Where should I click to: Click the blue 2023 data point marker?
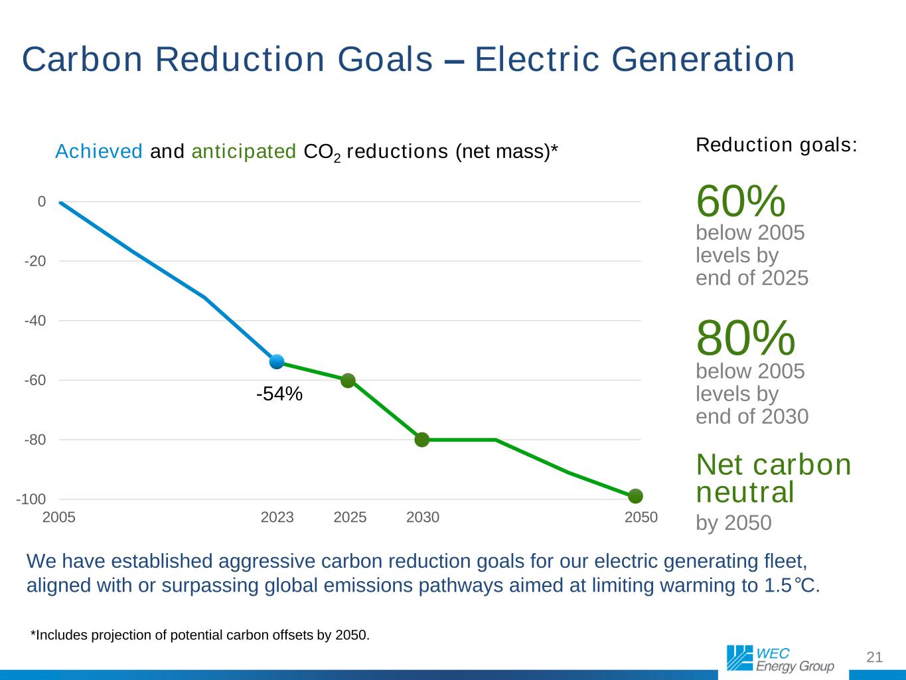click(277, 362)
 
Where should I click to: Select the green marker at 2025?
click(348, 381)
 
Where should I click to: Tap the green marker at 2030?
click(422, 440)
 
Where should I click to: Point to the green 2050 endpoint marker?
click(636, 496)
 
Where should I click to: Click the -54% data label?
click(279, 394)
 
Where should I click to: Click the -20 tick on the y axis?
click(35, 261)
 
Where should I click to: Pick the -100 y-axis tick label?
click(31, 499)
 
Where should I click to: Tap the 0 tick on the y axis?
click(42, 201)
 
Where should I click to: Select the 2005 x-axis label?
click(59, 517)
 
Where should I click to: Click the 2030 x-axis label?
click(423, 517)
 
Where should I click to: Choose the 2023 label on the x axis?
click(277, 517)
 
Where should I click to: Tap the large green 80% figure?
click(745, 337)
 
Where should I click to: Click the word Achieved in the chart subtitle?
click(99, 152)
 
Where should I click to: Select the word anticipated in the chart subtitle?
click(244, 152)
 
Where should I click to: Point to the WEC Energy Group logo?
click(781, 658)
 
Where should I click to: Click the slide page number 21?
click(875, 657)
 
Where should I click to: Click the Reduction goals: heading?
click(777, 145)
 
